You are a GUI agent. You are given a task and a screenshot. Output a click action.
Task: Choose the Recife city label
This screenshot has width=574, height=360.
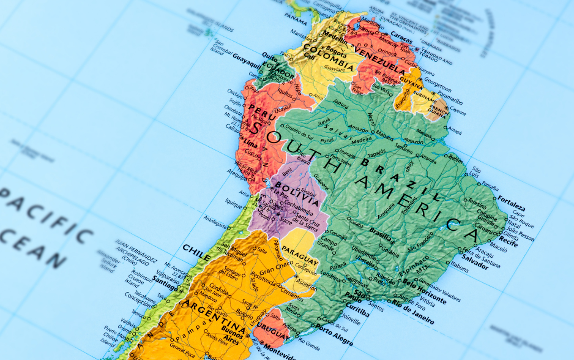point(508,244)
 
